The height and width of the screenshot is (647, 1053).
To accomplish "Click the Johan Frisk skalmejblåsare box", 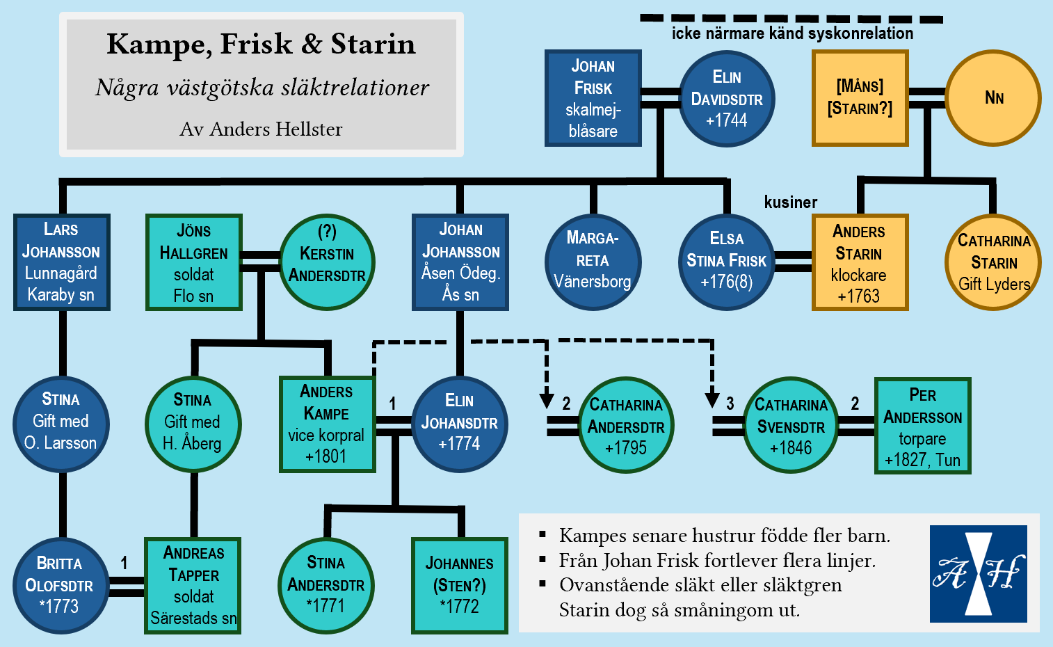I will [x=593, y=98].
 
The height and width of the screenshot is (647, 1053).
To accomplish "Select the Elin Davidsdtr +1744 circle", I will [x=727, y=98].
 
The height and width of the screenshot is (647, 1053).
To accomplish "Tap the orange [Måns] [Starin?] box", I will [x=860, y=98].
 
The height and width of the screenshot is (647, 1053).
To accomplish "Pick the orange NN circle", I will [x=993, y=98].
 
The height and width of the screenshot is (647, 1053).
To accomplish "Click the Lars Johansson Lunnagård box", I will [x=62, y=262].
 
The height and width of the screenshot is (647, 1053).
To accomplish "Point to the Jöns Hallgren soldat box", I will [x=194, y=262].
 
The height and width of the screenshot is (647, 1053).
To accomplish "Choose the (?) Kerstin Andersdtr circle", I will [x=327, y=262].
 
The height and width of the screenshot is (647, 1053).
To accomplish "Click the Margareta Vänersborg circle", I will [x=593, y=262].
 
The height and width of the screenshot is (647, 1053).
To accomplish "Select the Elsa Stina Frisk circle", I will [x=726, y=262].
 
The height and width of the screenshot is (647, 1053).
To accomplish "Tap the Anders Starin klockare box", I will [x=860, y=262].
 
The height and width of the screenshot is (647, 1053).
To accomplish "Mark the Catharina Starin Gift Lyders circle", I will [x=993, y=262].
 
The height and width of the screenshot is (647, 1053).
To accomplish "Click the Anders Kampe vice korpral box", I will [x=327, y=424].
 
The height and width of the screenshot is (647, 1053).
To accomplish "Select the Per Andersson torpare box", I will [x=922, y=426].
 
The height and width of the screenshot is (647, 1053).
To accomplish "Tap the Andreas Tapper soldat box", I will [x=193, y=586].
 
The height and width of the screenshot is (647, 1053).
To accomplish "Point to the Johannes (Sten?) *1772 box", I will [x=460, y=586].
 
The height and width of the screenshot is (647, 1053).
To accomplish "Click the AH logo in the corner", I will [x=978, y=574].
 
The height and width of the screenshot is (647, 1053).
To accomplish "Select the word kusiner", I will [x=791, y=202].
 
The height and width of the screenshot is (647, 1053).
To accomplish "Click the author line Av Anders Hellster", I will [x=261, y=129].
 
